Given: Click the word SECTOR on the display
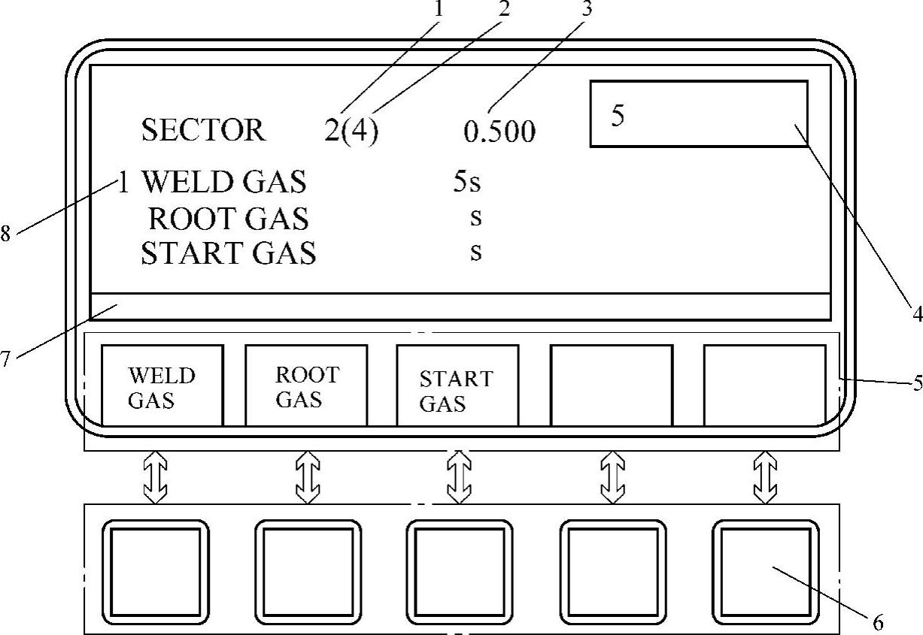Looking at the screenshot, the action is (x=203, y=131).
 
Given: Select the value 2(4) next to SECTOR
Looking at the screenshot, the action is (x=351, y=132).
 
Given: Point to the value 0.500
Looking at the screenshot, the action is (x=499, y=132).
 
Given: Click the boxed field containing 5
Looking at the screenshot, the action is (x=698, y=113).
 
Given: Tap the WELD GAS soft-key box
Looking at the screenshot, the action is (x=162, y=386).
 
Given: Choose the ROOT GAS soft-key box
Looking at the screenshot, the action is (x=306, y=386).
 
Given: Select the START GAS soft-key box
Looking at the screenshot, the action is (x=457, y=386).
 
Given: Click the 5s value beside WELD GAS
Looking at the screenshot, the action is (x=466, y=182).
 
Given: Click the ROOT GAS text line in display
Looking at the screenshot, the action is (x=229, y=219).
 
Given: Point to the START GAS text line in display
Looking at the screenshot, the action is (x=229, y=254).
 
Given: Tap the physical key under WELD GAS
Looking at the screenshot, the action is (x=156, y=571).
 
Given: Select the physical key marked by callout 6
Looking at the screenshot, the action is (x=765, y=571).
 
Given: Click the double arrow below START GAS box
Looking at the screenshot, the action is (x=458, y=477).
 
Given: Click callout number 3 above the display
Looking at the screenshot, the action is (x=587, y=9).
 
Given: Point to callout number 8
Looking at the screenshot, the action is (x=6, y=234).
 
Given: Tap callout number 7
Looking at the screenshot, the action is (x=6, y=359).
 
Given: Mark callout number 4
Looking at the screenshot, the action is (x=917, y=314).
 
